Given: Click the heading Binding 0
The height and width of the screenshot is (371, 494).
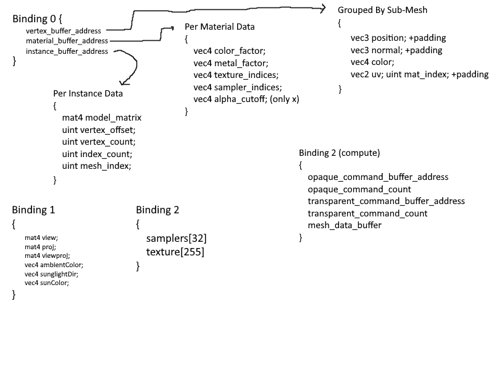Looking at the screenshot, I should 36,19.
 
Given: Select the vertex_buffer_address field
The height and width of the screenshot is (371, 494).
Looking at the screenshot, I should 64,30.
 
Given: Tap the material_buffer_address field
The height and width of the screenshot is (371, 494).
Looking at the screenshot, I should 67,41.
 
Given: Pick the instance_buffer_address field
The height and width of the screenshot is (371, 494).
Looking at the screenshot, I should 67,51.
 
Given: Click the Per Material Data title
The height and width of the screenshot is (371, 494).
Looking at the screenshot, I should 219,27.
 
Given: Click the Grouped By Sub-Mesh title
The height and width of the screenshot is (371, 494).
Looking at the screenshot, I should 382,10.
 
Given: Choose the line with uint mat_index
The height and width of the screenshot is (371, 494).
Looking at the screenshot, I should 419,74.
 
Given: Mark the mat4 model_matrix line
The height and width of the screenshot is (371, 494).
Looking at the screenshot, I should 102,117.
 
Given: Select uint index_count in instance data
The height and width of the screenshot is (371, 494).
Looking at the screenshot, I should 97,154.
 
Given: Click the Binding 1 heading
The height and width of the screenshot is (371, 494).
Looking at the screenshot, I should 33,210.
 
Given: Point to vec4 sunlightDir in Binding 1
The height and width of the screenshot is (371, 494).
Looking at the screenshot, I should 51,273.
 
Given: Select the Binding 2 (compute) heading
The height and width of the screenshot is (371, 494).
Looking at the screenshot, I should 339,153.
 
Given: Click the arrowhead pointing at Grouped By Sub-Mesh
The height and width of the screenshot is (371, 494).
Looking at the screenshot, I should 322,8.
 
